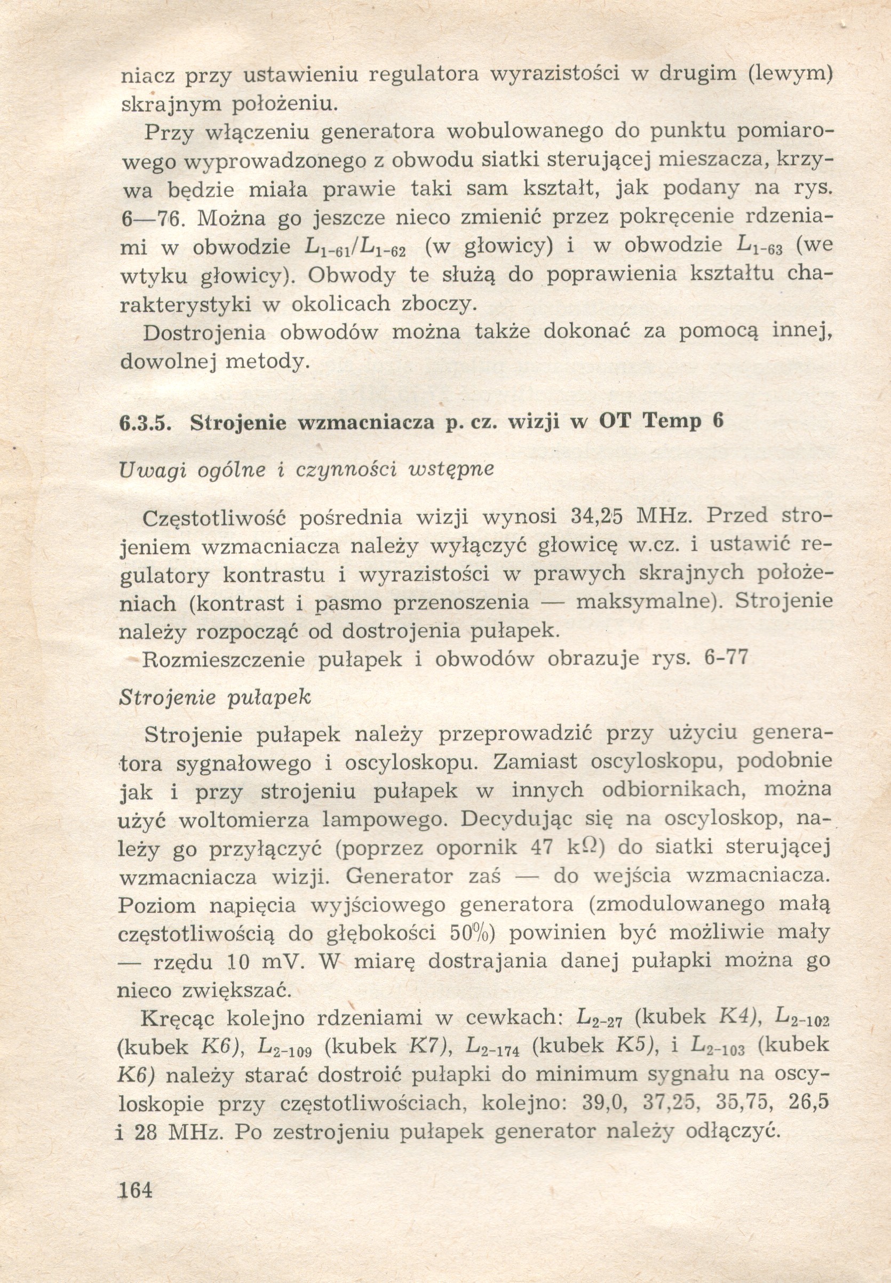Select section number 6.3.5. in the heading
145,422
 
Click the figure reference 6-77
726,658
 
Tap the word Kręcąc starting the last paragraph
176,1018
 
